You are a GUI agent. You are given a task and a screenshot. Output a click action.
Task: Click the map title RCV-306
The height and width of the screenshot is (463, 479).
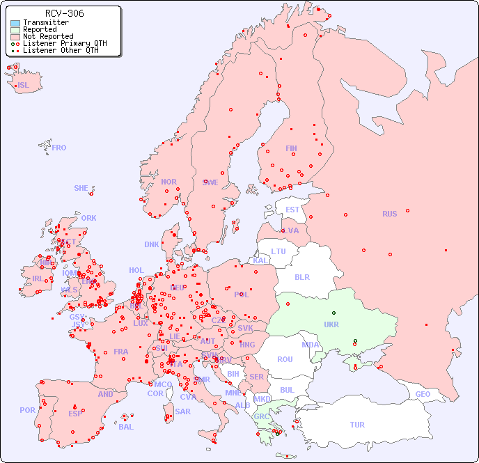(x=65, y=13)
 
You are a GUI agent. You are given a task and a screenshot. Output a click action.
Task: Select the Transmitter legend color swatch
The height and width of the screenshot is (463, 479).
(x=15, y=23)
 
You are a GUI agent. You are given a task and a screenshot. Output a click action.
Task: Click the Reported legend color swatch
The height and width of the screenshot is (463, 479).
(x=15, y=30)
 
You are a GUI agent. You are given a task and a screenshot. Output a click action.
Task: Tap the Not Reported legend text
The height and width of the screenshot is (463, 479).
(x=48, y=37)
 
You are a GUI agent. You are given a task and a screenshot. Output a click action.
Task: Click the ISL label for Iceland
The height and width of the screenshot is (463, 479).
(x=24, y=86)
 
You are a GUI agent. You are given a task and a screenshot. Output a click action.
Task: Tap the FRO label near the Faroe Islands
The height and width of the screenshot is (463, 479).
(x=59, y=148)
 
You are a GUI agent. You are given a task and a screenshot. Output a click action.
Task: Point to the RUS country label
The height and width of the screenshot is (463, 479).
(x=389, y=214)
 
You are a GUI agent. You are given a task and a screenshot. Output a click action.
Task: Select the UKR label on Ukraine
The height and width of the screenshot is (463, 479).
(x=331, y=324)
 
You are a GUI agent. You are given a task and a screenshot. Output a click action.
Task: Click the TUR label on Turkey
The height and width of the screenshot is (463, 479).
(x=357, y=425)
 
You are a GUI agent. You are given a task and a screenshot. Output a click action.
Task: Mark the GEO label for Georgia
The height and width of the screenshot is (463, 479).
(x=423, y=394)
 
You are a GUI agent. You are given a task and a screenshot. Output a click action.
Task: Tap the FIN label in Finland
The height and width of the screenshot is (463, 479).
(x=291, y=148)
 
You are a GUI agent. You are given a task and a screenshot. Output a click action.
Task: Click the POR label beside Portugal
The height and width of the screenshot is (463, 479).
(x=27, y=410)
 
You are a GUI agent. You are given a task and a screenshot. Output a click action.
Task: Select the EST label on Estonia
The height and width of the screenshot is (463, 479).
(x=292, y=210)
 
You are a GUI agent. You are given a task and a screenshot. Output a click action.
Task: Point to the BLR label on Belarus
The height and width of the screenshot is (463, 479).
(x=301, y=276)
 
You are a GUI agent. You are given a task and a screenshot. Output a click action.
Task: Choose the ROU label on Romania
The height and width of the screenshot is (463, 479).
(x=285, y=359)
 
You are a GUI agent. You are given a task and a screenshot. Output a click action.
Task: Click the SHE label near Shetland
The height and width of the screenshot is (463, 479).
(x=81, y=188)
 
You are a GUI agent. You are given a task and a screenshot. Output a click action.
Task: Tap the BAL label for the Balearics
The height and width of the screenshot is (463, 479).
(x=126, y=427)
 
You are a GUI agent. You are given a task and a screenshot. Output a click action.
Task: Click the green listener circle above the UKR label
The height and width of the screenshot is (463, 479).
(x=333, y=313)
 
